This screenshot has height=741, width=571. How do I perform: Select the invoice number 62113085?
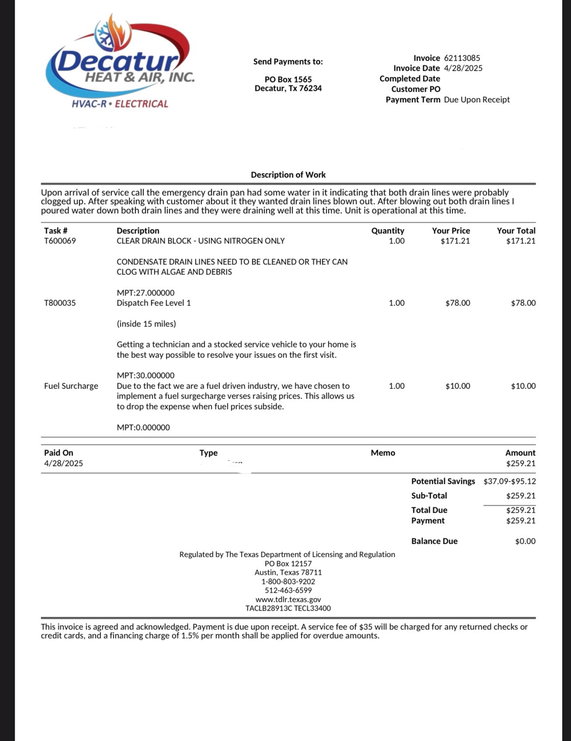click(462, 58)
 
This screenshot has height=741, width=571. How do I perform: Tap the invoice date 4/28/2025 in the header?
click(463, 68)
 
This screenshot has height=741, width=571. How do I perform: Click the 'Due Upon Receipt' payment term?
click(477, 100)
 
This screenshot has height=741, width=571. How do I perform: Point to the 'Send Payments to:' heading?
click(288, 62)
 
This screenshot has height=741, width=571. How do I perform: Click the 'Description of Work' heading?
click(288, 175)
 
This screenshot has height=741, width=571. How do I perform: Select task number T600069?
click(60, 241)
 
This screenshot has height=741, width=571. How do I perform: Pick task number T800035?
click(60, 303)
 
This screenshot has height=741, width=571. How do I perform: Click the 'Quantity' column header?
click(387, 231)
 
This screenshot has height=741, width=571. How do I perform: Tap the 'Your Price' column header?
click(451, 231)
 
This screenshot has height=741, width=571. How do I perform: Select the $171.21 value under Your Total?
click(521, 241)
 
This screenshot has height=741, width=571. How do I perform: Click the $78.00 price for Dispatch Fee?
click(458, 303)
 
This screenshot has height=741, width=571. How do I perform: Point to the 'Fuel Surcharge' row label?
click(71, 386)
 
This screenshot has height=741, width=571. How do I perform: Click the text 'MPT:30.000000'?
click(146, 376)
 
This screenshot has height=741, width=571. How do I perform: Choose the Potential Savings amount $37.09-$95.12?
click(509, 481)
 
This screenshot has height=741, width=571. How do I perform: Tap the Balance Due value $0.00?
click(525, 541)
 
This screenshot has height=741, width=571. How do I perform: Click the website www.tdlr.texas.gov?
click(288, 599)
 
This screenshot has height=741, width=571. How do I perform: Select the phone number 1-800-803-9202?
click(288, 581)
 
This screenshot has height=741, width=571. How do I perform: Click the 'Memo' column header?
click(383, 453)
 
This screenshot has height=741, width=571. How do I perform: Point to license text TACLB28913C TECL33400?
click(288, 608)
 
